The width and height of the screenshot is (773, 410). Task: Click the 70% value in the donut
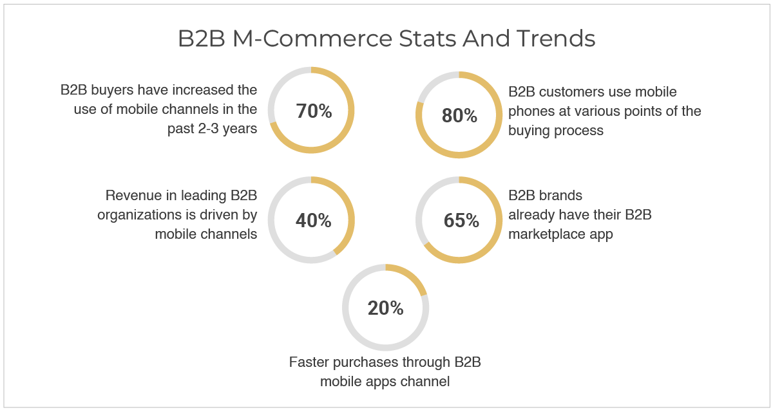coord(314,111)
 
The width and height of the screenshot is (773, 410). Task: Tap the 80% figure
coord(459,115)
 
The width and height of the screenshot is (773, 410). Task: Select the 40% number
coord(313,220)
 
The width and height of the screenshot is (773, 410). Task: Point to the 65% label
coord(461,220)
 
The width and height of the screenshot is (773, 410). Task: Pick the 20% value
coord(385,308)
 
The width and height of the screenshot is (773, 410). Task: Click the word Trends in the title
coord(555,38)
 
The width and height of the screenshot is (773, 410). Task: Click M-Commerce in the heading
coord(312,38)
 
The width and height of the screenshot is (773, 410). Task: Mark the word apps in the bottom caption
coord(379,382)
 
